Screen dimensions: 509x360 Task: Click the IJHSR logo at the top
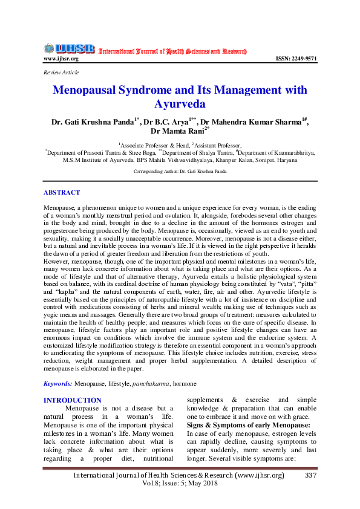pos(68,48)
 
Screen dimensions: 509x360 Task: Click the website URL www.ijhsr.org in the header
pos(61,59)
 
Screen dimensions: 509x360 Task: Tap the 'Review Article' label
pos(60,72)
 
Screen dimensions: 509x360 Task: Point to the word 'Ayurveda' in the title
pos(180,104)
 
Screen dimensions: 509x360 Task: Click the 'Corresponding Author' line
pos(180,172)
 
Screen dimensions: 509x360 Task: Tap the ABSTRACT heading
pos(61,192)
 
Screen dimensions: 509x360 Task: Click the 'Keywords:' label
pos(58,383)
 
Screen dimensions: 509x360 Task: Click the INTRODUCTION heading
pos(73,400)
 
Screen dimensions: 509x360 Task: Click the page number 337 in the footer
pos(311,476)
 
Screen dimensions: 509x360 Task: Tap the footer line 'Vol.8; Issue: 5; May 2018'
pos(180,485)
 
